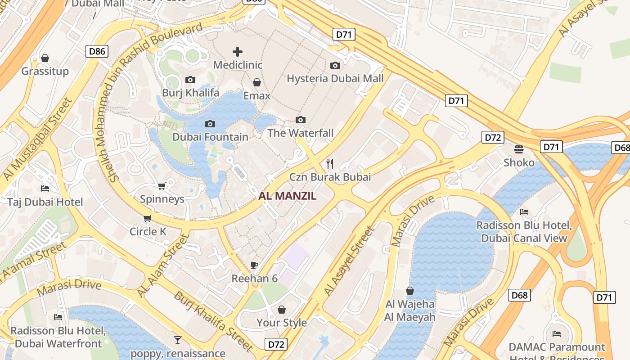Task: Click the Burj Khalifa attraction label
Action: pos(190,93)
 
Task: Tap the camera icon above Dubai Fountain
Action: pos(210,124)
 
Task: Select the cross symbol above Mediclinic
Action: pos(237,52)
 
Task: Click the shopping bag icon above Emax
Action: pos(257,82)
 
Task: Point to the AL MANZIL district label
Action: pos(288,196)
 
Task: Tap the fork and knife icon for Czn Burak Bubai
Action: pos(330,163)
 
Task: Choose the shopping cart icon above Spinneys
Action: pos(162,186)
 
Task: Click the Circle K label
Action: pos(148,232)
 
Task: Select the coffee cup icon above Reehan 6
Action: pos(254,265)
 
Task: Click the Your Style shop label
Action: pos(282,323)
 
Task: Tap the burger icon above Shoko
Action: pos(519,149)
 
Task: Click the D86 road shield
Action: pos(97,51)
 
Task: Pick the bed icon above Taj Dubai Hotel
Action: pos(45,188)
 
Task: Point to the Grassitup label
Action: pos(45,71)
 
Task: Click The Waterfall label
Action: pos(301,133)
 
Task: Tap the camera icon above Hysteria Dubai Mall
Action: pos(335,65)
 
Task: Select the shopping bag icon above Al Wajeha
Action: pos(409,291)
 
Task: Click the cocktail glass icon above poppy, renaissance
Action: pos(178,340)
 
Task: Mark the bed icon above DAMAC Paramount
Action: pos(557,333)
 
